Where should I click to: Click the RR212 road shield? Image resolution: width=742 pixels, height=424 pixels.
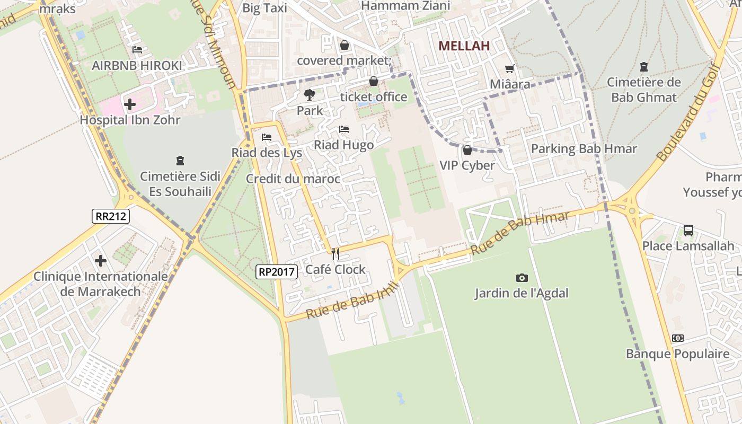click(x=110, y=216)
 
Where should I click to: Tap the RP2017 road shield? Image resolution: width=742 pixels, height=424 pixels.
click(x=276, y=272)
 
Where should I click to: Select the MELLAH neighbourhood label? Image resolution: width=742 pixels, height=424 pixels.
click(x=464, y=46)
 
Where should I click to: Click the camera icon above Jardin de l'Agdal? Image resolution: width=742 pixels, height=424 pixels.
click(x=522, y=278)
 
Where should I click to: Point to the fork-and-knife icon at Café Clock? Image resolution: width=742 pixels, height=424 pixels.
click(x=335, y=254)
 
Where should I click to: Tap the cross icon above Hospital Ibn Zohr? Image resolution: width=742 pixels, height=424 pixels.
click(x=130, y=104)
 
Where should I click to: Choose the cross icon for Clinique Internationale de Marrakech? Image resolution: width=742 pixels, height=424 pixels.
click(x=101, y=260)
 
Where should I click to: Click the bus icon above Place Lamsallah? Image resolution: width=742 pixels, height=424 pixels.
click(x=688, y=230)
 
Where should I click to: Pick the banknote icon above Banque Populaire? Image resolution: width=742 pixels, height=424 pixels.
click(x=677, y=338)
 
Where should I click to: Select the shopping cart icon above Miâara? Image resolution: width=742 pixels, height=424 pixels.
click(x=510, y=68)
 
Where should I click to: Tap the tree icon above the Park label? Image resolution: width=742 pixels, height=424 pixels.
click(x=310, y=95)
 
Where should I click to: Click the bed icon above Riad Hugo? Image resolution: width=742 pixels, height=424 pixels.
click(x=344, y=129)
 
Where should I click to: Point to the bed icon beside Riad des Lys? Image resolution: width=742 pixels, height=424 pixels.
click(x=267, y=137)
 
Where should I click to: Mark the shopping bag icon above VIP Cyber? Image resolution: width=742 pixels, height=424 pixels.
click(x=467, y=150)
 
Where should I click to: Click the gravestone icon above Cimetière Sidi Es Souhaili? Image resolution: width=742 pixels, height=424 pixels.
click(x=180, y=160)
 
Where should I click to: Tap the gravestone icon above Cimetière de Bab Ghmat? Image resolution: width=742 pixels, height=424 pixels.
click(x=643, y=67)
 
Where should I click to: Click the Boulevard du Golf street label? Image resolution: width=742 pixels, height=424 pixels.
click(x=688, y=112)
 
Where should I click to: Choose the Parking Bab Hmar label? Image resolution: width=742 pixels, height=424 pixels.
click(x=584, y=149)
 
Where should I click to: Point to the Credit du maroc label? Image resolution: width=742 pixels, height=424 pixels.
click(x=293, y=179)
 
